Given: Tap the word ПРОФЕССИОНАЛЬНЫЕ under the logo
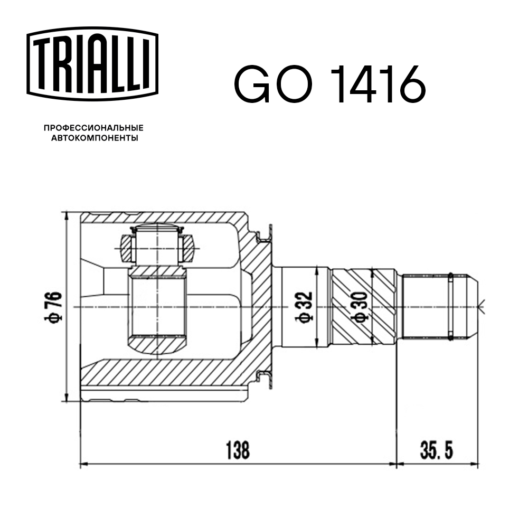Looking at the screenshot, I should coord(93,128).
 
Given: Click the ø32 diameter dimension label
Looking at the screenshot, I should coord(305,307).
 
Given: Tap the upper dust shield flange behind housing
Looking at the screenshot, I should coord(267,238).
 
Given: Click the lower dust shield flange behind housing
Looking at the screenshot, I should coord(267,377).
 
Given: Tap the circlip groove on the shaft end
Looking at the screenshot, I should coord(450,307).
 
